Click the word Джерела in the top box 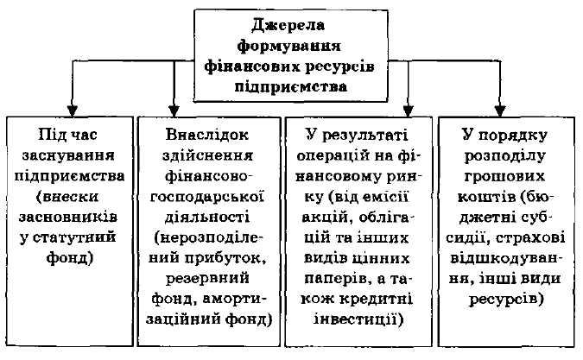point(288,26)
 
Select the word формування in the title point(288,47)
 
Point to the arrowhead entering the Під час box point(73,111)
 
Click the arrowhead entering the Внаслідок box point(174,111)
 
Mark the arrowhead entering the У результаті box point(409,111)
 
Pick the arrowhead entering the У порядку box point(500,111)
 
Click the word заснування point(68,155)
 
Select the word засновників point(68,217)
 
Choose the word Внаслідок point(207,135)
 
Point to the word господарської point(207,197)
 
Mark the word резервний point(207,278)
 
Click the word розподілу point(504,156)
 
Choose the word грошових point(504,176)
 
